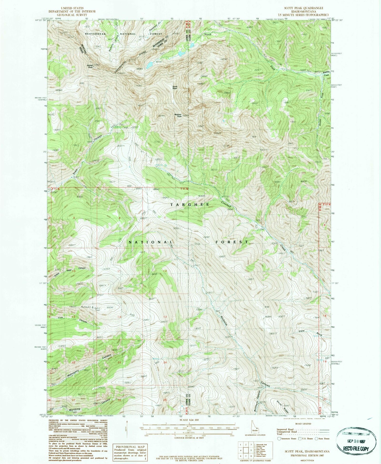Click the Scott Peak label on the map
(x=175, y=88)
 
